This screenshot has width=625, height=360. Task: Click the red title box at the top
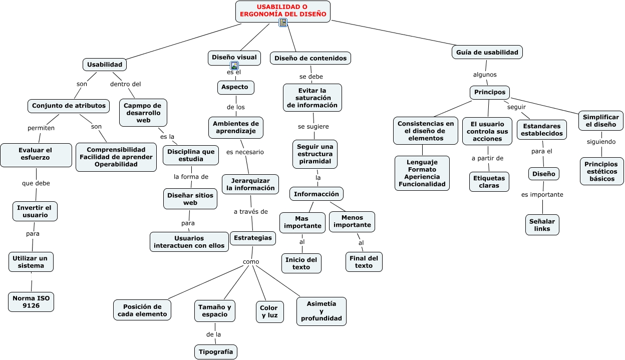pos(282,11)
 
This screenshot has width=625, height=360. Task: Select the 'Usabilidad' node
pos(105,65)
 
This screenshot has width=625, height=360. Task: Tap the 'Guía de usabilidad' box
pos(487,52)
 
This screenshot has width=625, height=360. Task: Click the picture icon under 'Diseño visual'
pos(234,66)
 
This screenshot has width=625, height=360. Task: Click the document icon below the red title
pos(283,23)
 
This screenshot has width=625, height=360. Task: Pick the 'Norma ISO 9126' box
pos(31,302)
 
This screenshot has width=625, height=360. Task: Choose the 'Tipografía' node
pos(216,352)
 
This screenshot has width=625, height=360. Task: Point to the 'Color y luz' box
pos(269,312)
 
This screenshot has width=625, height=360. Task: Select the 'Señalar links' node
pos(542,225)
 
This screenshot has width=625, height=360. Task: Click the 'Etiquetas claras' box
pos(489,182)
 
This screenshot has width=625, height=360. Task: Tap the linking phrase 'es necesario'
pos(245,152)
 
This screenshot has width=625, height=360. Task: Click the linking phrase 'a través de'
pos(250,212)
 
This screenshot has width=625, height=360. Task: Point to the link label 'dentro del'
pos(125,84)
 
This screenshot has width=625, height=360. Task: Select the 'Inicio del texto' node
pos(301,263)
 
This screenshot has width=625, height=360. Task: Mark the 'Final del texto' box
pos(364,262)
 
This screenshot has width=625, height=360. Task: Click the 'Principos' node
pos(490,92)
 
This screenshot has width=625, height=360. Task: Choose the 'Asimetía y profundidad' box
pos(322,311)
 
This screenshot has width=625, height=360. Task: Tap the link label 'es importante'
pos(542,195)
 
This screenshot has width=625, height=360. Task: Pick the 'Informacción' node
pos(317,194)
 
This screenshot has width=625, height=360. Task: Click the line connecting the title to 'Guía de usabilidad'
pos(394,33)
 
